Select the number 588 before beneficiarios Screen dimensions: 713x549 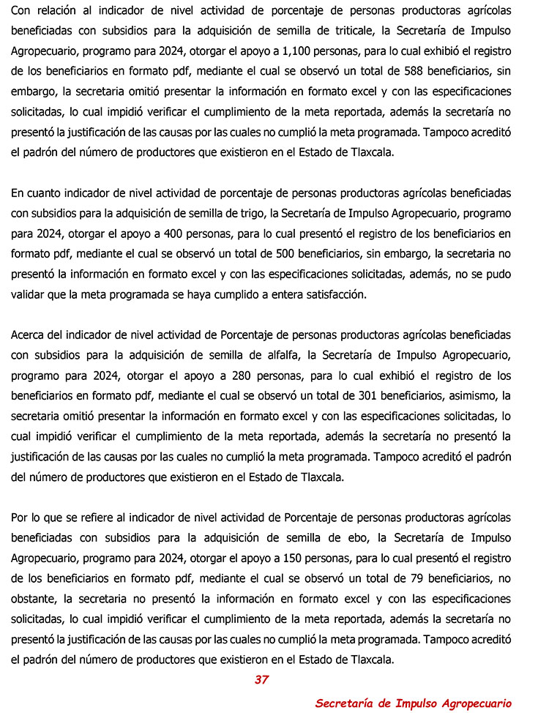coord(420,72)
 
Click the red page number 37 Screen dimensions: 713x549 coord(261,679)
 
